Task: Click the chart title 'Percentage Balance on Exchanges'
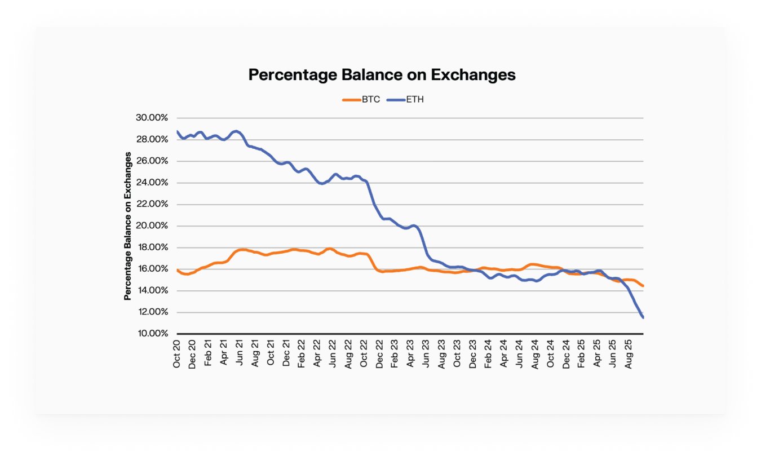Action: tap(382, 75)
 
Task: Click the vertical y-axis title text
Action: tap(128, 225)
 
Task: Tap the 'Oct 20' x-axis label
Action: tap(176, 354)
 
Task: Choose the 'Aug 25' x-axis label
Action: tap(630, 354)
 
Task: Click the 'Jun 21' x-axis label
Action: tap(239, 354)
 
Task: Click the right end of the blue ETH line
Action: tap(643, 317)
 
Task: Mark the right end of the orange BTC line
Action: tap(643, 286)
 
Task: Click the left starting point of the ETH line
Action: tap(178, 131)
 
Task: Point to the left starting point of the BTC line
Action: tap(178, 270)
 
